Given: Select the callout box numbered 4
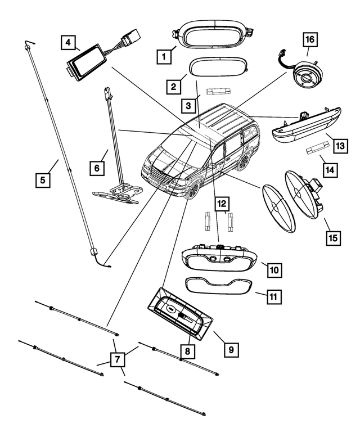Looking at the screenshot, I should (68, 42).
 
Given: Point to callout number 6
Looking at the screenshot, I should (98, 168).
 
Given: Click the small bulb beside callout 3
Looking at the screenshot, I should (217, 91).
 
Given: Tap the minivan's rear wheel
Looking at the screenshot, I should (243, 162).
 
